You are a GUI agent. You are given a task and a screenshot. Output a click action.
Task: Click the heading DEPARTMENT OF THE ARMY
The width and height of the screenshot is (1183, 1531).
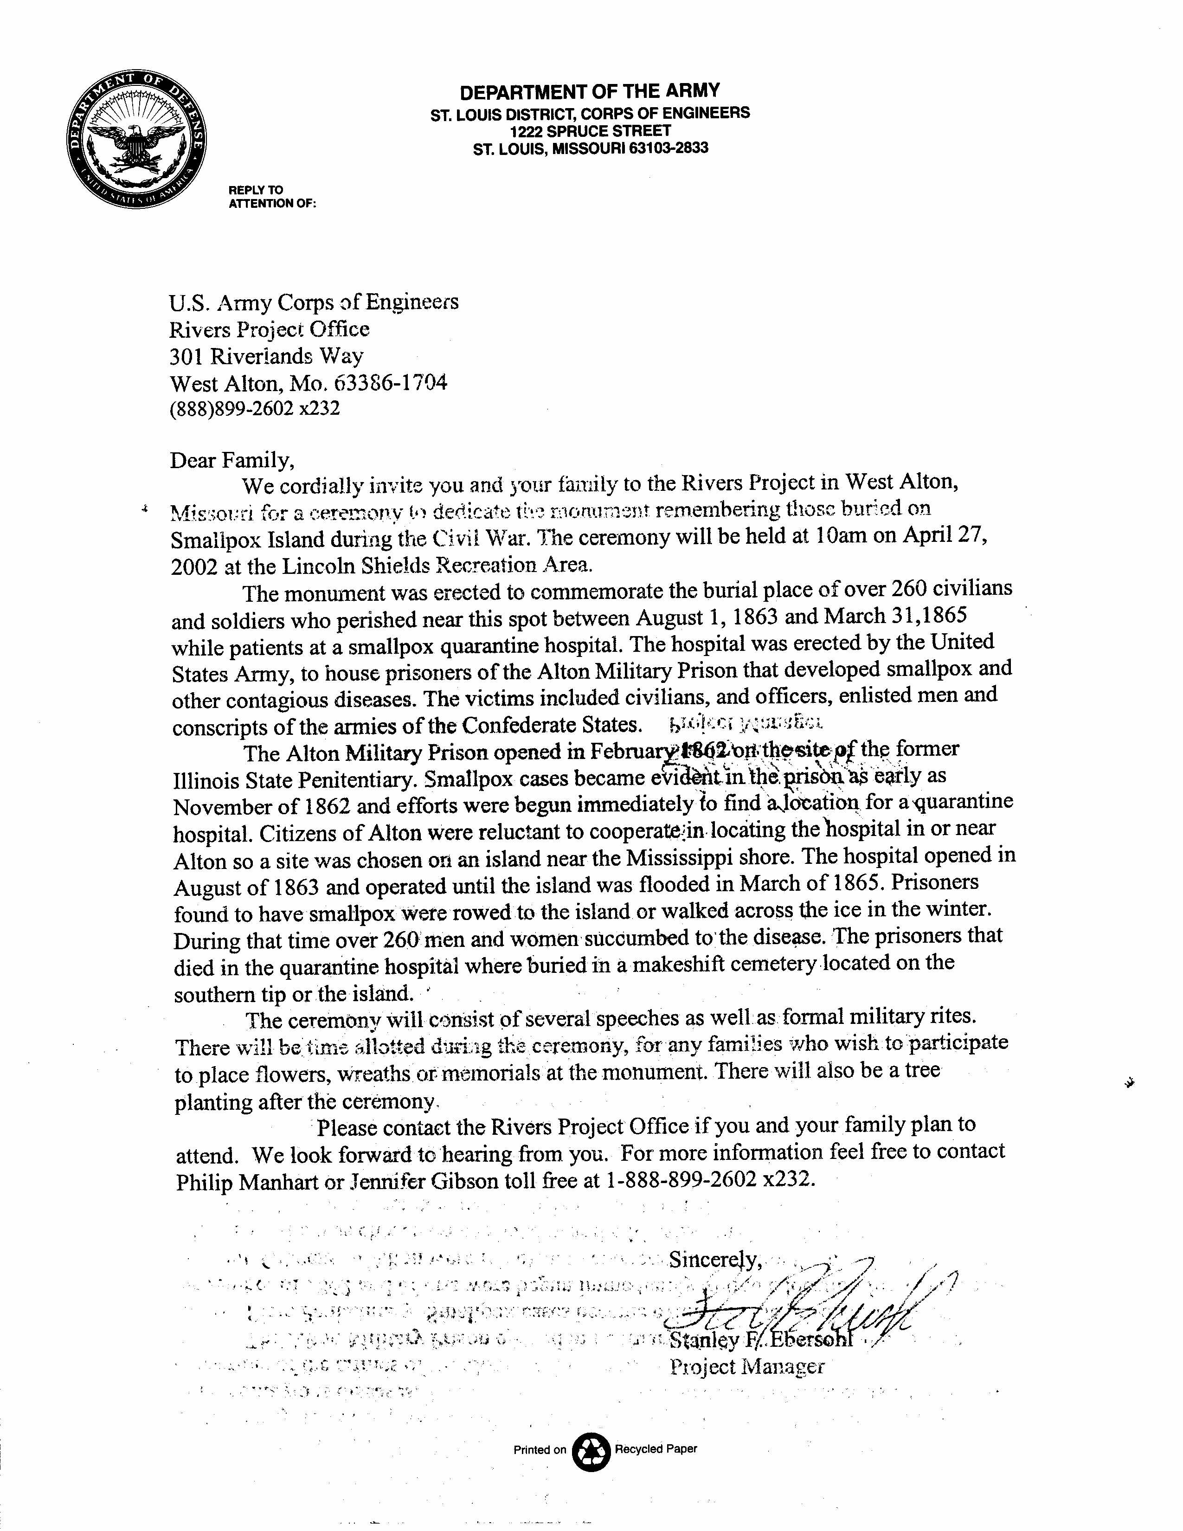point(589,91)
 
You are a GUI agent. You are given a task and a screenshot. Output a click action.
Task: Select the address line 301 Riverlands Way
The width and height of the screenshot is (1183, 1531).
point(266,356)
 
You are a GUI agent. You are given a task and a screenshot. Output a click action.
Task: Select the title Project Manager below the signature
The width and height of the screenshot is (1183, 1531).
point(747,1366)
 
